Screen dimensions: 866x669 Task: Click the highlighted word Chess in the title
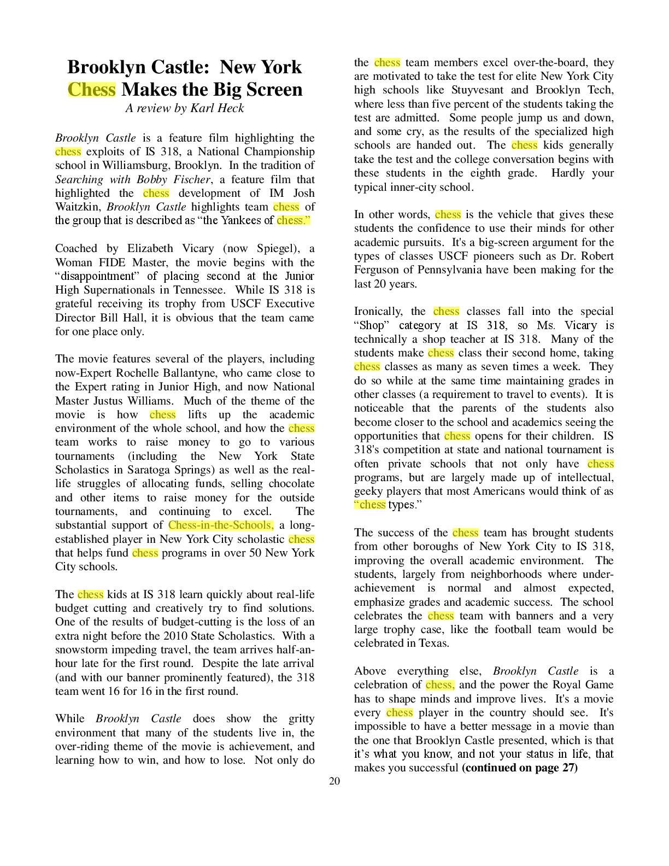pos(91,89)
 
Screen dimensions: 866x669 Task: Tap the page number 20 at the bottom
pos(334,781)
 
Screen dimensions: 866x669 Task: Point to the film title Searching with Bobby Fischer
pos(133,179)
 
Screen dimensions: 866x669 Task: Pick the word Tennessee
pos(198,290)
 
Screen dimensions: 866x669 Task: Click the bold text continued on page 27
pos(519,768)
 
